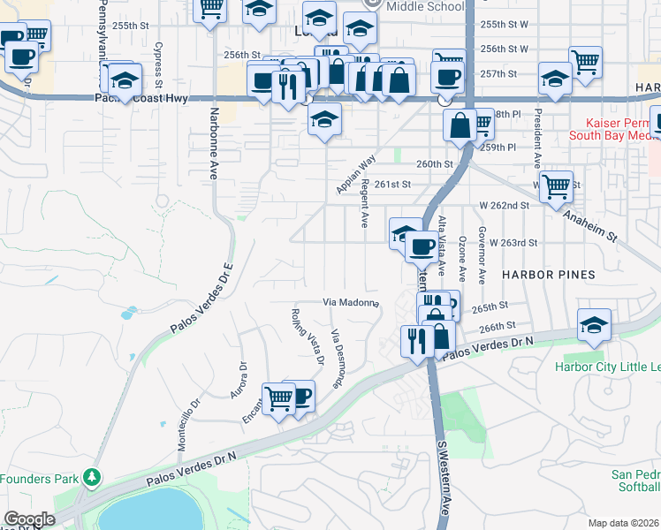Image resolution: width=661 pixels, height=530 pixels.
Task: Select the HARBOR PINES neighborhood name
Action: click(548, 275)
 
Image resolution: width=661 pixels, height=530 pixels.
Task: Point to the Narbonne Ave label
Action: click(214, 144)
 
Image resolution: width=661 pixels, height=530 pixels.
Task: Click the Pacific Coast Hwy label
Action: click(141, 99)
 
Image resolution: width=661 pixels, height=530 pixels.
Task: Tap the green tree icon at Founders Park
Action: click(91, 479)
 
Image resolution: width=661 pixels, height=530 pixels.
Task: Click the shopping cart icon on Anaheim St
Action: click(556, 187)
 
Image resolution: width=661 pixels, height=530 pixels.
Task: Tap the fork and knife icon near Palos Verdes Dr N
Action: click(416, 340)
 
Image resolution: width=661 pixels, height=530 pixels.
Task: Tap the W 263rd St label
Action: click(508, 242)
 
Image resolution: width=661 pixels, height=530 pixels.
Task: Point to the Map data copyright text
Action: click(625, 523)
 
